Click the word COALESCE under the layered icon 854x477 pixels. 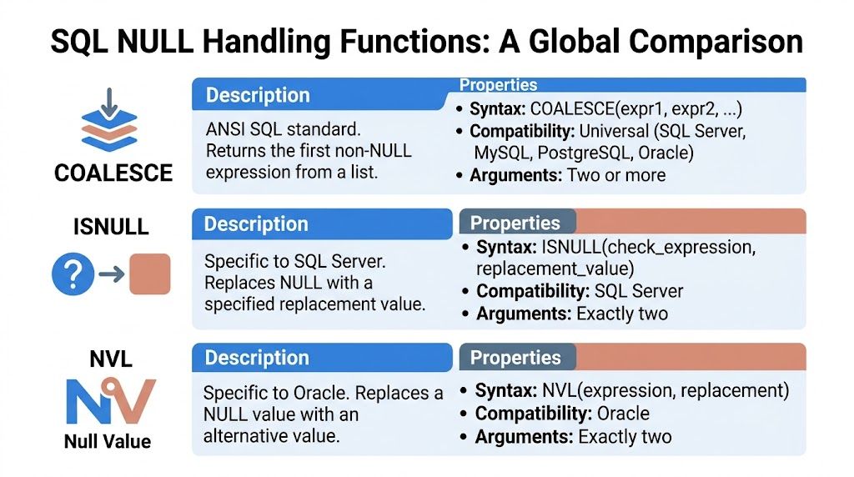click(x=113, y=173)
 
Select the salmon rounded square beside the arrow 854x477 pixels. click(x=150, y=274)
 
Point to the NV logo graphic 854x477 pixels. click(x=109, y=401)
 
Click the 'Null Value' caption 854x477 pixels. click(x=108, y=441)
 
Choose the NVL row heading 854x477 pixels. click(x=111, y=360)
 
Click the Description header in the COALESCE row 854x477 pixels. click(x=258, y=95)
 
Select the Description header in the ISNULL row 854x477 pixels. click(x=256, y=224)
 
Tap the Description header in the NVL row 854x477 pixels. click(x=256, y=358)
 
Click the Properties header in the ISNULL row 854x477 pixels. click(x=515, y=223)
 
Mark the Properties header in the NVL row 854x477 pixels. click(x=515, y=358)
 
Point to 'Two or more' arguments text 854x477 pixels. click(x=616, y=175)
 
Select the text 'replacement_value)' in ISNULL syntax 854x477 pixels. click(x=555, y=269)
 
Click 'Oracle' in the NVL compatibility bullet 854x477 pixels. click(x=618, y=414)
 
